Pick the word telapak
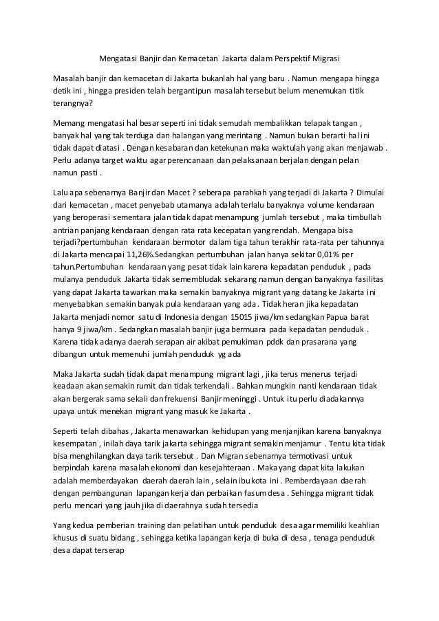click(x=307, y=124)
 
